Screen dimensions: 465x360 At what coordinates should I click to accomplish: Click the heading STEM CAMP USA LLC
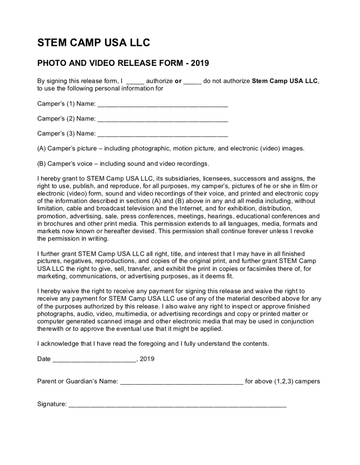pos(94,43)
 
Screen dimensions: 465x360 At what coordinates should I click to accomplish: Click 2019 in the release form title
pos(200,63)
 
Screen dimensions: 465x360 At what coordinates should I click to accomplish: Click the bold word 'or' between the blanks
pos(178,81)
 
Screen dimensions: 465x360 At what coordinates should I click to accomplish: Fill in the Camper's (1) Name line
pos(163,105)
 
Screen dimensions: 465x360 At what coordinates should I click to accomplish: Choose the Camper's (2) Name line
pos(163,120)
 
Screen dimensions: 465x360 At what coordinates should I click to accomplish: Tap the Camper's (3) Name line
pos(163,134)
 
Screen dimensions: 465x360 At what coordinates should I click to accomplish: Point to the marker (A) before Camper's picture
pos(41,149)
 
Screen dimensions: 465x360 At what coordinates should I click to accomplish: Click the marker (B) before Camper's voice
pos(41,163)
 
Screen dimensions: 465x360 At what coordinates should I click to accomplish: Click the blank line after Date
pos(94,360)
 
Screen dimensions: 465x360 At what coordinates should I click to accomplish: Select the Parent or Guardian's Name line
pos(181,382)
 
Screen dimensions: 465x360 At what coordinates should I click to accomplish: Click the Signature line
pos(177,405)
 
